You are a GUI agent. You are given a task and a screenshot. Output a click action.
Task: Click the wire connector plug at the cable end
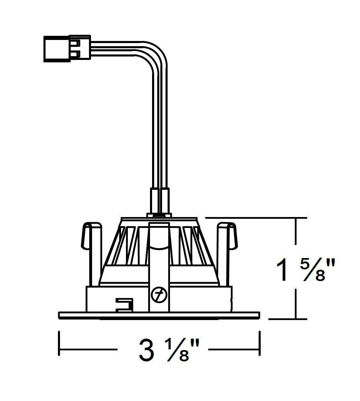pyautogui.click(x=67, y=48)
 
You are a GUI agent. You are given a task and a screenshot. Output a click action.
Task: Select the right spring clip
pyautogui.click(x=227, y=254)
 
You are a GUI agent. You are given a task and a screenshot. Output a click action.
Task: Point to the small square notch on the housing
pyautogui.click(x=125, y=304)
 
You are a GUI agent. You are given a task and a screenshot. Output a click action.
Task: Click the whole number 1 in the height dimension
pyautogui.click(x=282, y=269)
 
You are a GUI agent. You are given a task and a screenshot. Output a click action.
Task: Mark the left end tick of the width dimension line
pyautogui.click(x=59, y=343)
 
